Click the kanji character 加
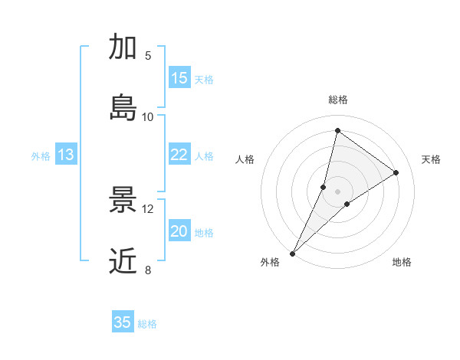[123, 47]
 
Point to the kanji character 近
[123, 260]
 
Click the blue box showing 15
[179, 78]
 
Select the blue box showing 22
[179, 155]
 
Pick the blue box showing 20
[179, 231]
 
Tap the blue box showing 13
[66, 155]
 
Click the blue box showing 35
[123, 322]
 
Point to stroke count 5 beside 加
[148, 56]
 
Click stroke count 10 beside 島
[148, 116]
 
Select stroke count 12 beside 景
[148, 209]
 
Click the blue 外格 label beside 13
[41, 155]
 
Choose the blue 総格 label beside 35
[147, 324]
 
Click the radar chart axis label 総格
[337, 100]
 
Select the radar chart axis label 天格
[432, 159]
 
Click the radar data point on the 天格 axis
[396, 173]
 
